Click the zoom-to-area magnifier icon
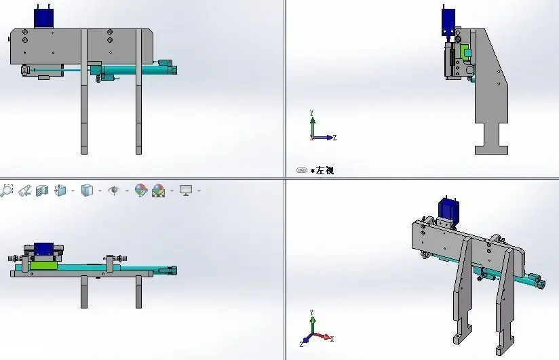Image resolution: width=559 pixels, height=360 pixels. [x=6, y=191]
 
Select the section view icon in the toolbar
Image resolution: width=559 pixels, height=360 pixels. [x=42, y=191]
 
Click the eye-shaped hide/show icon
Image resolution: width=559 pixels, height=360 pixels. [x=114, y=191]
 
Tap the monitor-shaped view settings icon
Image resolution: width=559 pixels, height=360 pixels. [x=186, y=191]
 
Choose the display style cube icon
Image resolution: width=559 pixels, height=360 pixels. [x=87, y=191]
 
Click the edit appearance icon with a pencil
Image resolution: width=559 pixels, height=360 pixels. [x=141, y=191]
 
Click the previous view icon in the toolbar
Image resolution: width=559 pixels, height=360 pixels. [x=24, y=191]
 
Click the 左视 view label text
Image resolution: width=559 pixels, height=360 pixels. [x=325, y=170]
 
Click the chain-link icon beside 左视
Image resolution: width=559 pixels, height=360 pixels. [x=302, y=170]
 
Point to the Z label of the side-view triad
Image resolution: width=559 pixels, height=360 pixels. [x=334, y=138]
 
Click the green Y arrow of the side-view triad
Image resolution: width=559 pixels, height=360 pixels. [x=313, y=127]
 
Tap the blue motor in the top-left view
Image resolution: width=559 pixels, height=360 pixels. [x=44, y=18]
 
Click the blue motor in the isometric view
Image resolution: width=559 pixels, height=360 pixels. [x=448, y=210]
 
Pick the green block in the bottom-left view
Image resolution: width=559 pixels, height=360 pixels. [x=43, y=265]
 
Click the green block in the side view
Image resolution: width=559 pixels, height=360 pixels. [x=465, y=52]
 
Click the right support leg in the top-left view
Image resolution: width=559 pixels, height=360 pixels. [x=138, y=92]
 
